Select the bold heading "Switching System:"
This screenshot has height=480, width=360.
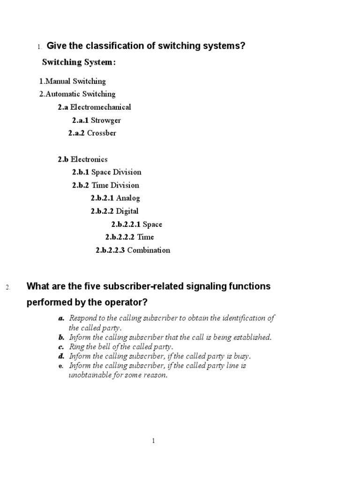click(x=79, y=62)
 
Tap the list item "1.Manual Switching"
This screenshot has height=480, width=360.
click(x=73, y=81)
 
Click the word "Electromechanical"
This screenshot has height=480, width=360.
click(x=100, y=107)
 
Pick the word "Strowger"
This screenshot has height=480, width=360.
click(x=105, y=120)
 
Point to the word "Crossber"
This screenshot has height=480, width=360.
click(x=101, y=133)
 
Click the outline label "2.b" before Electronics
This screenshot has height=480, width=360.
click(x=63, y=159)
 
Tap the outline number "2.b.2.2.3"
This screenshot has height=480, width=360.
click(x=110, y=250)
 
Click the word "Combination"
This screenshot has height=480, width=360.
click(x=149, y=250)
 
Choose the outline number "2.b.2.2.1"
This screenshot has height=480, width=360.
click(x=126, y=224)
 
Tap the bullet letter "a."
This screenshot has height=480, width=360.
click(x=61, y=318)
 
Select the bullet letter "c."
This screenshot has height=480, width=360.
click(x=61, y=347)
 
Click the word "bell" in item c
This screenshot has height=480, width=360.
click(x=103, y=347)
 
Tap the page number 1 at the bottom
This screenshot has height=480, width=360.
click(x=153, y=441)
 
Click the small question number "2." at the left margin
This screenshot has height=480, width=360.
click(x=8, y=287)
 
